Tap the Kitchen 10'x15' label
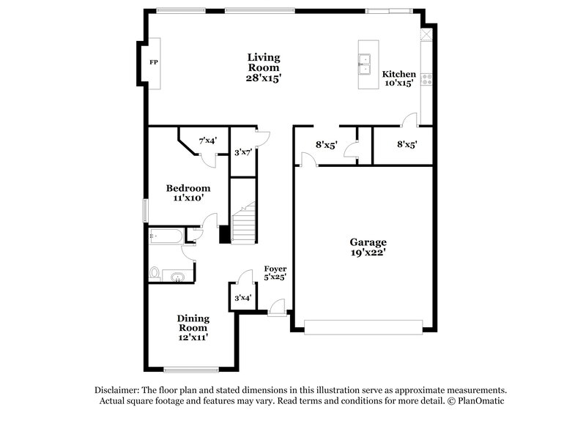pos(398,78)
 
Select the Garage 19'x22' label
pos(367,247)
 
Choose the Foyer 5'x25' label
pos(275,273)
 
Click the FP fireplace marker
pos(154,62)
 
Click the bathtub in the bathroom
pos(165,236)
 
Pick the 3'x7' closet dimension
pos(242,152)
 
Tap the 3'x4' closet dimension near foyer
pos(242,298)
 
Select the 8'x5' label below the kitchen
pos(407,145)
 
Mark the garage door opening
pos(364,326)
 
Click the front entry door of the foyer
pos(276,310)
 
